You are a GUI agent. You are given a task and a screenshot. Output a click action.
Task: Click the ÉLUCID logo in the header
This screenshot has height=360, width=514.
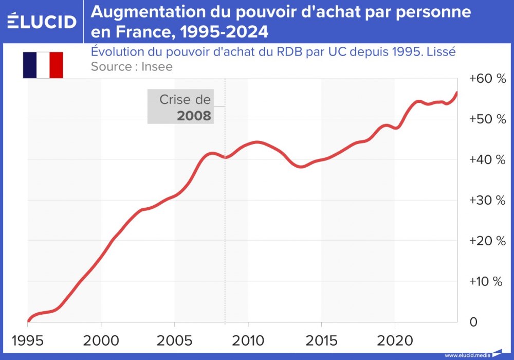coord(42,21)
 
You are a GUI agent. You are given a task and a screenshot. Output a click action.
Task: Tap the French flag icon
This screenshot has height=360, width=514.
coord(43,65)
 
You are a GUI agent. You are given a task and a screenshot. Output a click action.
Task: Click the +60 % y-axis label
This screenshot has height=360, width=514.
coord(487,79)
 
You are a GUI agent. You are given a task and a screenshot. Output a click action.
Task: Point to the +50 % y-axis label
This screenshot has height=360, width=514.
coord(487,119)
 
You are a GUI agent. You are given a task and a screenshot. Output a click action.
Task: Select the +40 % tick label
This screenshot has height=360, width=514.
coord(487,160)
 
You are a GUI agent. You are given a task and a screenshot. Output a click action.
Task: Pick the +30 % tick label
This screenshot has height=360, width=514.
coord(487,201)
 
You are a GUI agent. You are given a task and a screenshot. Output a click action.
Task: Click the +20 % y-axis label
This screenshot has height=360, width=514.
coord(487,241)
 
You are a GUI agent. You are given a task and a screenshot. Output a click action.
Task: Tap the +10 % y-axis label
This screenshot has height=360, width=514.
coord(487,282)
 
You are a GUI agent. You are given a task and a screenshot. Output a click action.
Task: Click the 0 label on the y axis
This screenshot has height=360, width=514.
coord(473,322)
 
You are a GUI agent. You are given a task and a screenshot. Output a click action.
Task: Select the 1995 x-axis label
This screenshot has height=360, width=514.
coord(27,341)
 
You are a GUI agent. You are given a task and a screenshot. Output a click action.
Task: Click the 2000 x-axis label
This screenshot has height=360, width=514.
coord(101,341)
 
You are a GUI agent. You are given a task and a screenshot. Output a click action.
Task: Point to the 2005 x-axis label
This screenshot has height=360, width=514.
coord(175,341)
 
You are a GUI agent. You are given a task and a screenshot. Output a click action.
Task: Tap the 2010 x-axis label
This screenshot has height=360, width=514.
coord(248,341)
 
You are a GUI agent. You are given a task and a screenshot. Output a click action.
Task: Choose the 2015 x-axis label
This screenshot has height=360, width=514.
coord(322,341)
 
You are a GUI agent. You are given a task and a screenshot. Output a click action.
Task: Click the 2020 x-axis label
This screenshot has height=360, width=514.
coord(395,341)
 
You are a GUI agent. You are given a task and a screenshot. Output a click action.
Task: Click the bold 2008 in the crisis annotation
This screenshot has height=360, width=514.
coord(194,116)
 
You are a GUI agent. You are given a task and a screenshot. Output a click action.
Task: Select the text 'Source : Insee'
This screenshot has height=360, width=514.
coord(132,66)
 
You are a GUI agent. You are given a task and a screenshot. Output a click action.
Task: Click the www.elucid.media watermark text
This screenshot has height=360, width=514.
coord(467,355)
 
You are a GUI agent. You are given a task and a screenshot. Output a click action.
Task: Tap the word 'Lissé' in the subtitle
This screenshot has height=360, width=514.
coord(443,52)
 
